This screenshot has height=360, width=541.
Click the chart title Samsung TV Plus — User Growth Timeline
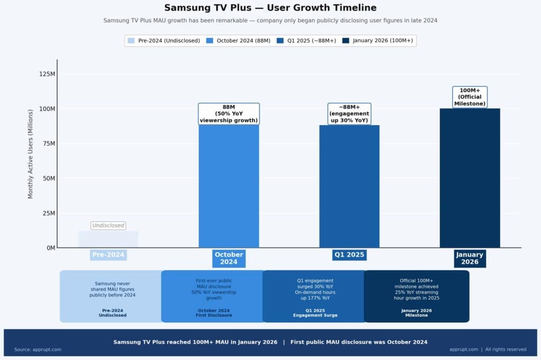coord(270,8)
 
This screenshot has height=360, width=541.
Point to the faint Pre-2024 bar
coord(108,239)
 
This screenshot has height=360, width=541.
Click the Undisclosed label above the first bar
coord(108,225)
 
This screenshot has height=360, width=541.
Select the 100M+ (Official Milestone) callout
coord(470,97)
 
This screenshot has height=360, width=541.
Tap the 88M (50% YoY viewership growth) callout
coord(229,113)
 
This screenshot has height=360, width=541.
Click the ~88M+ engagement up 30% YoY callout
coord(349,113)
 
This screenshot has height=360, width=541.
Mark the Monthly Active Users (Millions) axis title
coord(31,154)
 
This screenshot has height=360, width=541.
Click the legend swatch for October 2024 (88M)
coord(210,41)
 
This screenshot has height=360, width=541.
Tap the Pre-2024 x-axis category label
coord(108,255)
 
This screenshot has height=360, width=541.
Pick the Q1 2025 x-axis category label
coord(349,255)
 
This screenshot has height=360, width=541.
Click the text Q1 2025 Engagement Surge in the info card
coord(315,313)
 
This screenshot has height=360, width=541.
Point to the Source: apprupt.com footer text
coord(38,349)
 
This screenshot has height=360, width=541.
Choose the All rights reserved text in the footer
coord(506,349)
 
